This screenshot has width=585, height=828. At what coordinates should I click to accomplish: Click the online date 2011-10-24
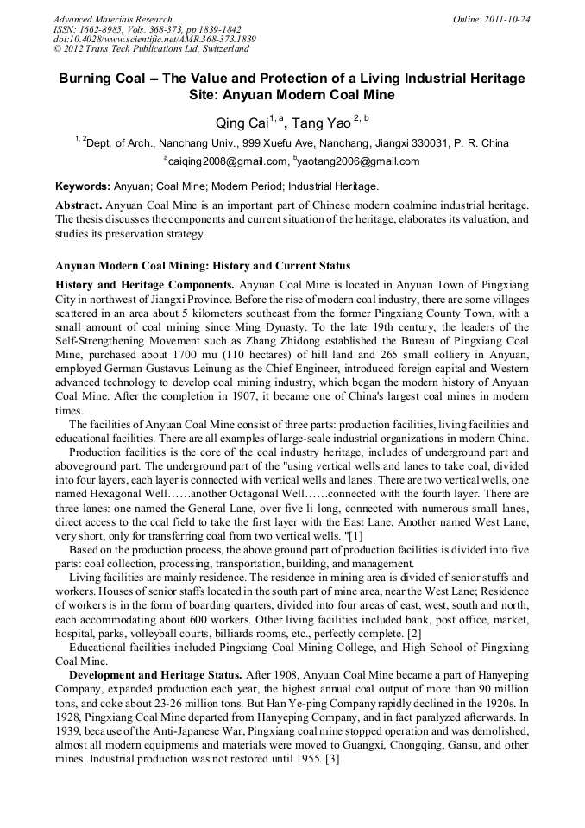tap(503, 19)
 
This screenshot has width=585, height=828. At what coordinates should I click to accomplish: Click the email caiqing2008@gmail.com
tap(227, 161)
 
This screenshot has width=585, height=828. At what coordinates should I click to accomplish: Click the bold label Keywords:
tap(82, 186)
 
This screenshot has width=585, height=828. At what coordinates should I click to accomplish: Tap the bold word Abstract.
tap(79, 205)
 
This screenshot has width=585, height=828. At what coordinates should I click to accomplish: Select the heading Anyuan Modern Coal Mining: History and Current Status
tap(203, 266)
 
